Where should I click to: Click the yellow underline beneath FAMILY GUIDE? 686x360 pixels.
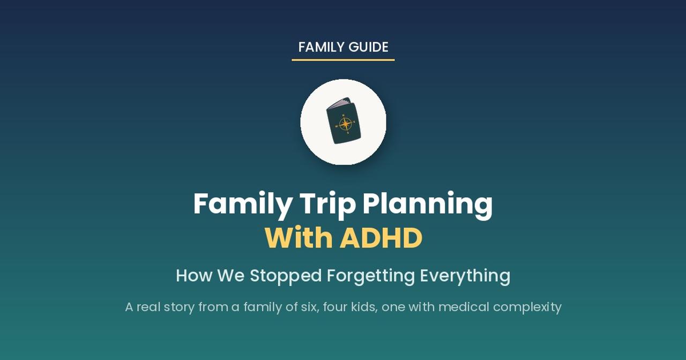click(343, 60)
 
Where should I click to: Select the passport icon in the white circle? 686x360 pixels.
click(344, 121)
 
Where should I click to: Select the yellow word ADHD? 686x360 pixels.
click(381, 238)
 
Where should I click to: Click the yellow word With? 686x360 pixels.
click(299, 238)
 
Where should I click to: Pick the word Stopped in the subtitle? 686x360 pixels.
click(286, 275)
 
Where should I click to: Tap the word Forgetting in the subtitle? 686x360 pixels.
click(370, 275)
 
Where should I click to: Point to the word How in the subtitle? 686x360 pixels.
click(194, 275)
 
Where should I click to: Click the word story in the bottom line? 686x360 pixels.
click(179, 307)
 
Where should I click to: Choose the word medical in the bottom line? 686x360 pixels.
click(464, 307)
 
